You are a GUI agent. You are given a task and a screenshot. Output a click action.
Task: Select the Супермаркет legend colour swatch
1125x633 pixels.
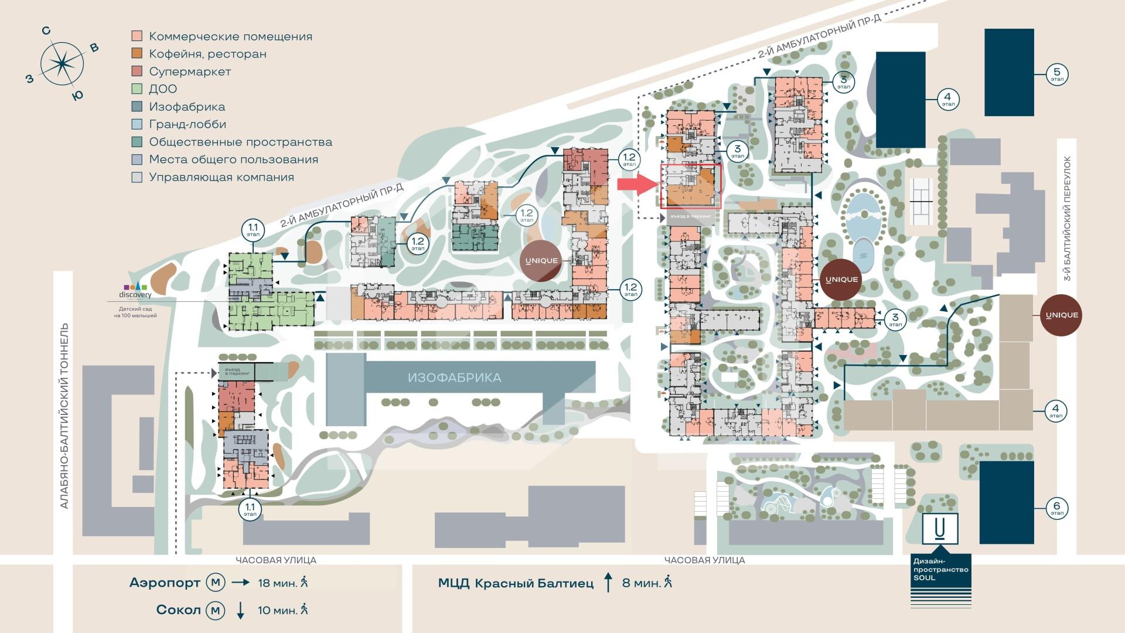click(x=137, y=72)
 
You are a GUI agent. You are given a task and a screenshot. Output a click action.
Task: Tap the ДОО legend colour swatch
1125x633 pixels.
click(x=137, y=89)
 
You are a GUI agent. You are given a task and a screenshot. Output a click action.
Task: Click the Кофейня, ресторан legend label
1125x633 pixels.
click(x=207, y=54)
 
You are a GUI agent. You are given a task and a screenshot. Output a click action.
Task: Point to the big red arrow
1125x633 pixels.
click(x=638, y=185)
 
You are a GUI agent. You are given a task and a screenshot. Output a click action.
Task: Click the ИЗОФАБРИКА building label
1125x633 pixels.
click(x=454, y=377)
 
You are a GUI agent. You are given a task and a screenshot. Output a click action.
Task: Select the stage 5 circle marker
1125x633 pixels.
click(x=1057, y=74)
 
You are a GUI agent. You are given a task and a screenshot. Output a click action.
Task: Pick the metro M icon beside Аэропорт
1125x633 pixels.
click(x=215, y=583)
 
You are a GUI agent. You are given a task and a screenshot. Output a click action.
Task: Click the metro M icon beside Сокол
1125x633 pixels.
click(x=215, y=610)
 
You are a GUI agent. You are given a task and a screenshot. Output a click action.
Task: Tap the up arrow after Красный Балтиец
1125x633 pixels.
click(x=608, y=583)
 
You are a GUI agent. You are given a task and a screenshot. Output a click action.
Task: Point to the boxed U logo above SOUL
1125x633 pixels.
click(x=940, y=529)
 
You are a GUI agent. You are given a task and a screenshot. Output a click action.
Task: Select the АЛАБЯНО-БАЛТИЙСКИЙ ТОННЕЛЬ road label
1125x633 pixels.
click(x=64, y=416)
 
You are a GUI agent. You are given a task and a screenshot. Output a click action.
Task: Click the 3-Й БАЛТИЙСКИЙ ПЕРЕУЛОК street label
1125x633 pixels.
click(x=1068, y=218)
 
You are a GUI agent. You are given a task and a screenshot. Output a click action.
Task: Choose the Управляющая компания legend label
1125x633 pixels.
click(x=221, y=177)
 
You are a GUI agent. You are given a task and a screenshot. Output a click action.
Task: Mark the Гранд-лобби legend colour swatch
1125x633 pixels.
click(x=137, y=124)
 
